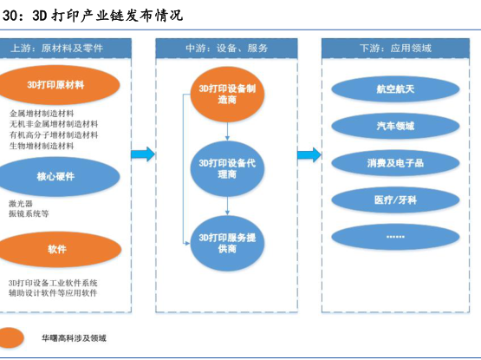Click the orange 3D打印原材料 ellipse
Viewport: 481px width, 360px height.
(56, 85)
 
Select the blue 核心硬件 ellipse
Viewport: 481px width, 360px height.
(56, 177)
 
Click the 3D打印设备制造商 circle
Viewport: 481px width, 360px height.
(227, 95)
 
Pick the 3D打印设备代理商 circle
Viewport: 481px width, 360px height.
(227, 168)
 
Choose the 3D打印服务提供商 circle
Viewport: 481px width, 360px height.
(227, 243)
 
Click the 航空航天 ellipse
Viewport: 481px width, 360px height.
(395, 89)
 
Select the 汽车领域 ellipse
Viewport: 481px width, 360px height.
(395, 126)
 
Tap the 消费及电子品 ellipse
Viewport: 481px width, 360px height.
(395, 163)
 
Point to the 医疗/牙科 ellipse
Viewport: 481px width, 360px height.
(395, 200)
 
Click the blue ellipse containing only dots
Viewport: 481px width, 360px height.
(395, 237)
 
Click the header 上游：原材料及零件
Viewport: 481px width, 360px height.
(56, 49)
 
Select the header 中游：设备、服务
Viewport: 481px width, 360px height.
(227, 49)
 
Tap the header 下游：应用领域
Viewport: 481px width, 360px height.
(395, 49)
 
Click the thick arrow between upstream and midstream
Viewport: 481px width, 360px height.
(143, 154)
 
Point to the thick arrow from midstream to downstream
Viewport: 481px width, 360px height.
(309, 154)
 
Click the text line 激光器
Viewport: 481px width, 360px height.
(21, 203)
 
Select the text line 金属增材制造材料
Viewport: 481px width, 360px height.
(42, 114)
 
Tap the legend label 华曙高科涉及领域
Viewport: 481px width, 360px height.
(74, 338)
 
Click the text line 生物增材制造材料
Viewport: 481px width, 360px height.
(42, 146)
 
